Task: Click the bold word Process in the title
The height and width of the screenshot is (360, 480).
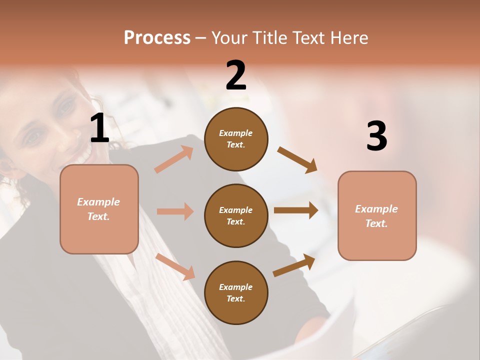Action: [157, 38]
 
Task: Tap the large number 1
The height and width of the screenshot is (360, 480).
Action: [99, 128]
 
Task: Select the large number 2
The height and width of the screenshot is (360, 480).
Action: [236, 75]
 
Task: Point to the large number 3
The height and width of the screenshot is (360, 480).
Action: [376, 136]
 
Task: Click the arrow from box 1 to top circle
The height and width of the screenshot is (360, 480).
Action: [173, 159]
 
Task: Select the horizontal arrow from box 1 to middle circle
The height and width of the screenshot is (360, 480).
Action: [175, 211]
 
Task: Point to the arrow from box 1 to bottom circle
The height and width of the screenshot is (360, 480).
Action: [175, 266]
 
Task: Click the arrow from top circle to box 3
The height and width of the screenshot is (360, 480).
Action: [297, 159]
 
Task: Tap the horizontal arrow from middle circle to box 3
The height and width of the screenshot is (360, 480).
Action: [295, 210]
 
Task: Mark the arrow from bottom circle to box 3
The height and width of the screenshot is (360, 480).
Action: [294, 265]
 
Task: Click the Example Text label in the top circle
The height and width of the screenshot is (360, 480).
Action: [236, 139]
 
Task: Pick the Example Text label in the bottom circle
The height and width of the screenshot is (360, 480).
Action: [236, 293]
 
